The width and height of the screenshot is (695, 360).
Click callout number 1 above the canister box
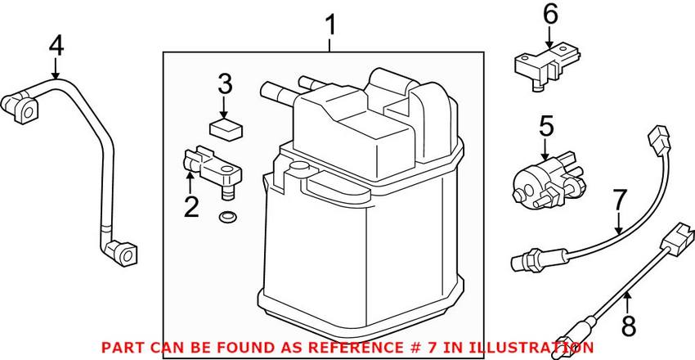pos(330,25)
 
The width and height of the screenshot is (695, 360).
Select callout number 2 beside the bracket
pos(191,206)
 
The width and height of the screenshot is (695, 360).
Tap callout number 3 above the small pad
pos(225,83)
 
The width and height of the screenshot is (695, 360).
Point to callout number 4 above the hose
pos(56,46)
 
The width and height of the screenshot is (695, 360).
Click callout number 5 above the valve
pos(546,126)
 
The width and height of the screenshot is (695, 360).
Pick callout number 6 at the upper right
pos(549,14)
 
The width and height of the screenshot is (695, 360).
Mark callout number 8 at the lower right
pos(627,326)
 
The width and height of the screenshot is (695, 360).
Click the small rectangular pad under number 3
pos(225,126)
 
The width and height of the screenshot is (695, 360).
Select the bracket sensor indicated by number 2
pos(214,167)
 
